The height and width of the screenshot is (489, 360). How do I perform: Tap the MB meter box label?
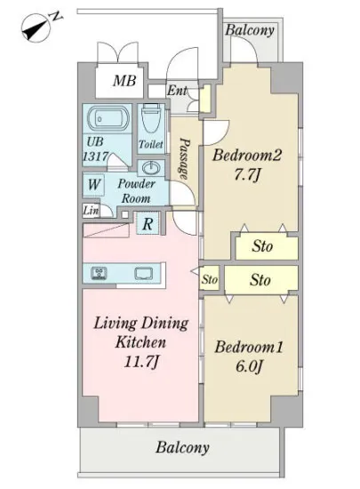[x=124, y=81]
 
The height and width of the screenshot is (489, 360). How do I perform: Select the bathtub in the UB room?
[x=108, y=119]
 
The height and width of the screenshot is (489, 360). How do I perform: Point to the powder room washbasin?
[x=152, y=168]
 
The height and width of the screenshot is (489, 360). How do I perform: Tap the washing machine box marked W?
[x=93, y=184]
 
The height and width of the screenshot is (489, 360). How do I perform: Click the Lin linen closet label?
[x=91, y=211]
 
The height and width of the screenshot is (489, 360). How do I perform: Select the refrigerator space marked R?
[x=148, y=223]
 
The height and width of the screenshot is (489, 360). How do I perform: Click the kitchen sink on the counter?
[x=144, y=274]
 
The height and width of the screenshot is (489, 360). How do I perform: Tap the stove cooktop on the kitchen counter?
[x=99, y=274]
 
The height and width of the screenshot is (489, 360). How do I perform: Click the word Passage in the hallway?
[x=184, y=159]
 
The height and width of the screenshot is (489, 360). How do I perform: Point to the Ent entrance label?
[x=178, y=91]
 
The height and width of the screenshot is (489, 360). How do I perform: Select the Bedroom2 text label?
[x=247, y=156]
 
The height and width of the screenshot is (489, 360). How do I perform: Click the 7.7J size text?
[x=247, y=175]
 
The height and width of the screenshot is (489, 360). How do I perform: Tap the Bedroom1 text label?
[x=248, y=347]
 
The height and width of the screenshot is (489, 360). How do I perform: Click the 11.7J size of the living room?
[x=141, y=362]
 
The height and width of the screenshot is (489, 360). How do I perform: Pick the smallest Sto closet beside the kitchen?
[x=209, y=279]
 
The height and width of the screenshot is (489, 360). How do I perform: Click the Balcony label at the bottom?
[x=182, y=448]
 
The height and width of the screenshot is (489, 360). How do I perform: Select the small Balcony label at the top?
[x=250, y=30]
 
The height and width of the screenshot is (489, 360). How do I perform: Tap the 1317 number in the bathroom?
[x=96, y=156]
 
